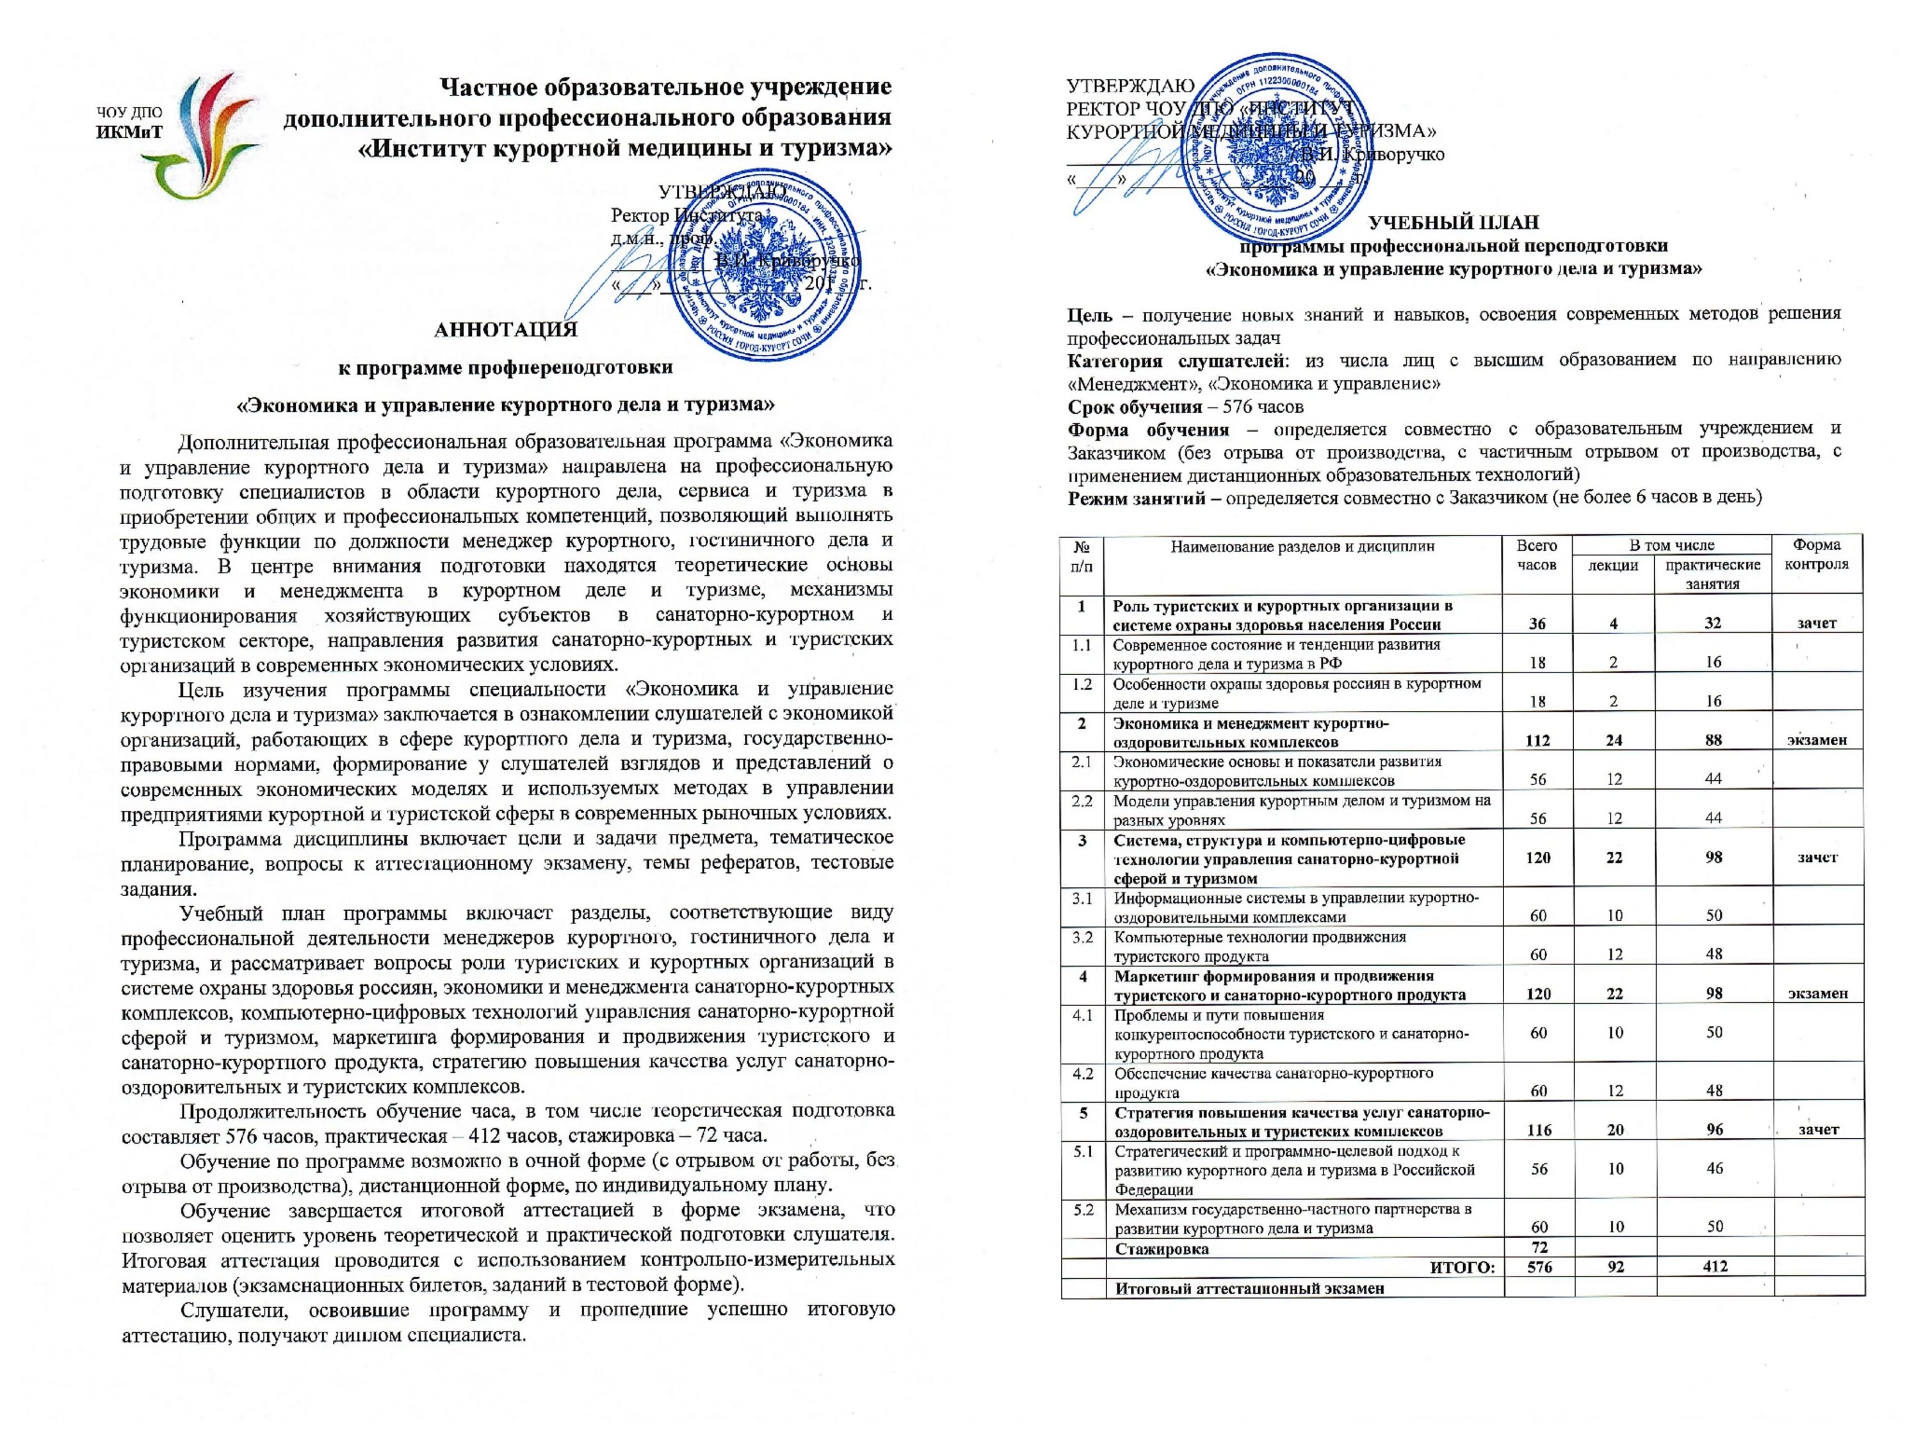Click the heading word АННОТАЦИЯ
[505, 329]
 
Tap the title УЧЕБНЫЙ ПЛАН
[1453, 222]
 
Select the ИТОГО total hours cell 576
[1539, 1266]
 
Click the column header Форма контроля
[1816, 554]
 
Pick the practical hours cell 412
[1714, 1266]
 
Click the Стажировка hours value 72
[1539, 1248]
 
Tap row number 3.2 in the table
[1082, 937]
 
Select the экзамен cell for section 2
[1817, 740]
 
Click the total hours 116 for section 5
[1539, 1130]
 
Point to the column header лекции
[1613, 566]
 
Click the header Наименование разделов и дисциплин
[1302, 546]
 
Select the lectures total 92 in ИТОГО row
[1614, 1266]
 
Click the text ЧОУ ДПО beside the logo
[129, 113]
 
